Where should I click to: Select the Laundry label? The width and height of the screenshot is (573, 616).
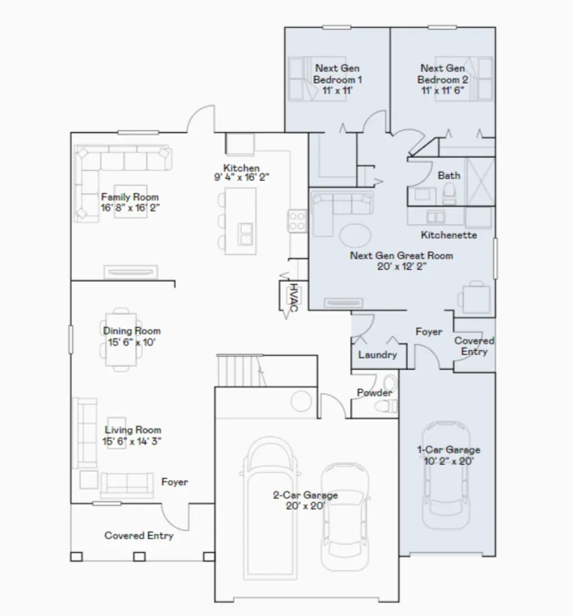[x=377, y=354]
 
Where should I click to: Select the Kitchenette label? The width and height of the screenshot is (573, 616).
[x=449, y=235]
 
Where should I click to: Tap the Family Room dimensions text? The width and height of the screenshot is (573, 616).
[x=129, y=207]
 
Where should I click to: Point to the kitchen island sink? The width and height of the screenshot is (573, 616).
[x=245, y=234]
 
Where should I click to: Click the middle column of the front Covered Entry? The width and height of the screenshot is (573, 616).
[x=139, y=556]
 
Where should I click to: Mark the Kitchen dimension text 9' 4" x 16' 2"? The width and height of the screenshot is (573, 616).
[x=241, y=179]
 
